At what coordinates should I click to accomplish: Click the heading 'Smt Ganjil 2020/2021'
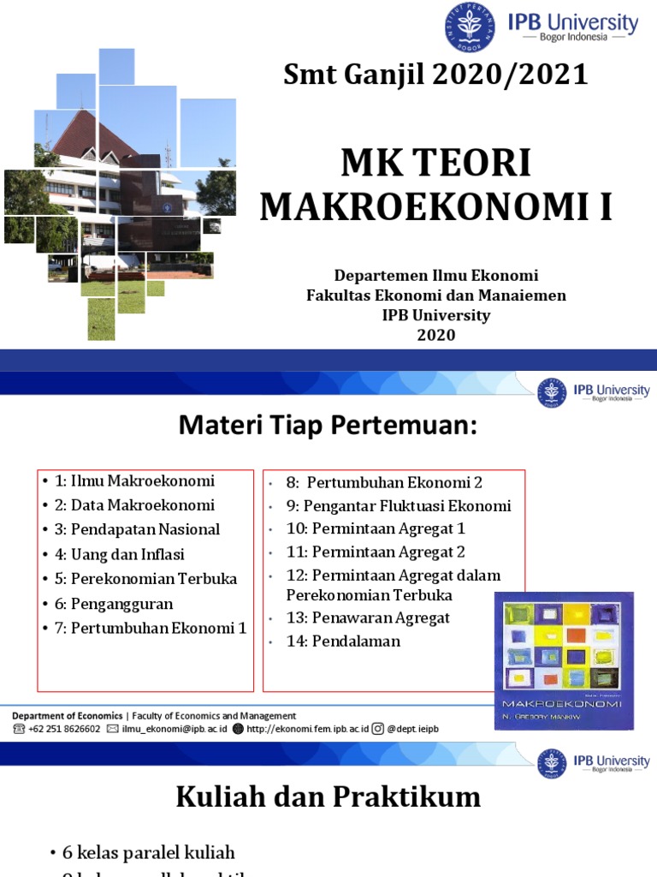(x=436, y=75)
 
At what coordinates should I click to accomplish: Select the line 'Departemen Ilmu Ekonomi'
(x=436, y=276)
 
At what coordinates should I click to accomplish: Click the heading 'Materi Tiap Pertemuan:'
(x=327, y=426)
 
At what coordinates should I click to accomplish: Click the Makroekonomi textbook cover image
(x=563, y=659)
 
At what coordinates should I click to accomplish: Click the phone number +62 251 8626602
(x=62, y=729)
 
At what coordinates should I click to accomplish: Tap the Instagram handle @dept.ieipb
(x=412, y=729)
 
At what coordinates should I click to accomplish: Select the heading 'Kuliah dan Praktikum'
(x=328, y=798)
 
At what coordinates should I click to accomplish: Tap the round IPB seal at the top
(x=469, y=27)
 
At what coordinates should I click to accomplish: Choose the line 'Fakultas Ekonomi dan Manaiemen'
(x=436, y=295)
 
